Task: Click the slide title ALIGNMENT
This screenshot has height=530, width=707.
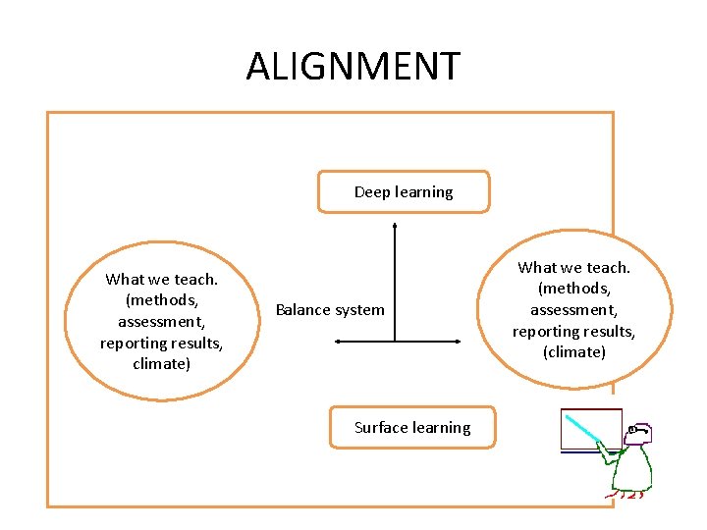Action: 353,67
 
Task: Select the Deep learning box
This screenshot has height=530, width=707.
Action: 403,192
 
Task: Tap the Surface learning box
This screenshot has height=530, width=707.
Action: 412,428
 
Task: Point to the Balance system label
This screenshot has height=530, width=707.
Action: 330,310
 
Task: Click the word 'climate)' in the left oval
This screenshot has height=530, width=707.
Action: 161,364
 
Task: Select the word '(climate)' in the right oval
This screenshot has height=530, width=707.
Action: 574,352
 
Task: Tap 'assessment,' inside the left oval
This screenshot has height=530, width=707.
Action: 161,321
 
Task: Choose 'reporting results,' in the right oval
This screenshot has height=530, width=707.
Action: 574,331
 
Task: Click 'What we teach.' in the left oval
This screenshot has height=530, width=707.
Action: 161,279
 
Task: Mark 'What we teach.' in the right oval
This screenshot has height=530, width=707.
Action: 574,267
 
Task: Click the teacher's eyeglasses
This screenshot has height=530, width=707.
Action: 637,430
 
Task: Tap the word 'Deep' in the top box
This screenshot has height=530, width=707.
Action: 372,192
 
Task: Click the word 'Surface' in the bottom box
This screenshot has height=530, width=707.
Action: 381,428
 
